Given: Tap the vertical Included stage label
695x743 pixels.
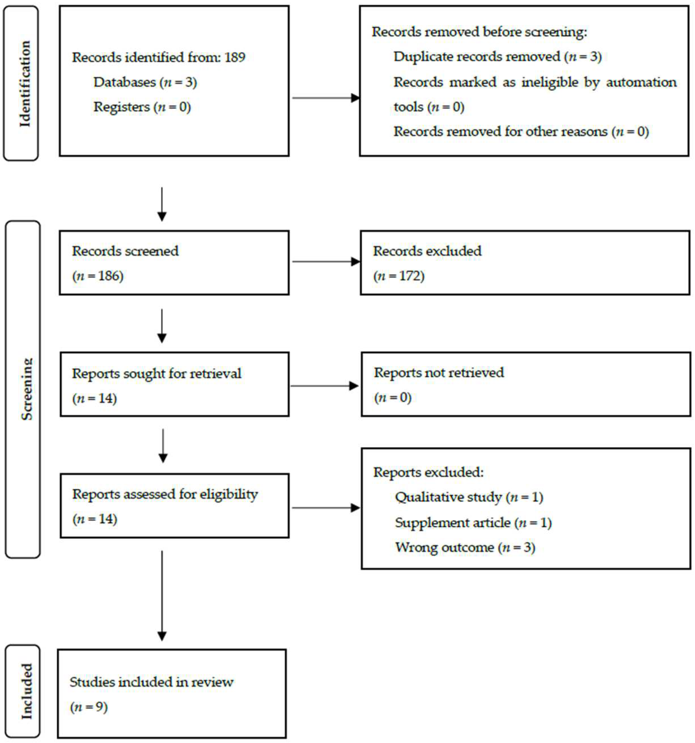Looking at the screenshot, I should pos(26,691).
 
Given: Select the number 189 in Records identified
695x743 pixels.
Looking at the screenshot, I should pos(235,57).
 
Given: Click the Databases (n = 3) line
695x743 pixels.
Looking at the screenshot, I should pos(145,82).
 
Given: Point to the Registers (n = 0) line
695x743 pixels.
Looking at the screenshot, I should pos(142,107).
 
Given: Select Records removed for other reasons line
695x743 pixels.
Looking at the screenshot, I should pos(521,132).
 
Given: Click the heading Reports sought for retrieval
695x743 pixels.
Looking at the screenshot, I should pos(156,373).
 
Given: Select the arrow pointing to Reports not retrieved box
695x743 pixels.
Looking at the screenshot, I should pos(324,386).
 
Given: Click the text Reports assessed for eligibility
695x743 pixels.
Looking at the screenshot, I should pos(165,494).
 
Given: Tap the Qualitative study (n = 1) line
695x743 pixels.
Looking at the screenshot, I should pos(469,497).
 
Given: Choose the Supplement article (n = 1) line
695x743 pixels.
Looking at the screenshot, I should pos(473,522).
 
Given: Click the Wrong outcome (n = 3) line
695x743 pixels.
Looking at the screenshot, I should pos(465,547).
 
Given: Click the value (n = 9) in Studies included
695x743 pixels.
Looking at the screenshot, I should pos(89,707).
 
